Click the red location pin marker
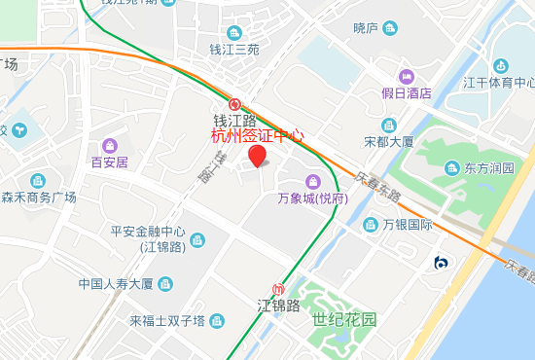click(x=257, y=156)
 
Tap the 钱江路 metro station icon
click(x=234, y=104)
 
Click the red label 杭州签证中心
click(x=258, y=136)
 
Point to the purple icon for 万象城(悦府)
click(x=312, y=181)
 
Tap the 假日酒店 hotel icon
click(x=407, y=77)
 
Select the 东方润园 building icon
click(x=450, y=167)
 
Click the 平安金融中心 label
click(x=148, y=233)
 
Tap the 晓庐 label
click(x=366, y=28)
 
